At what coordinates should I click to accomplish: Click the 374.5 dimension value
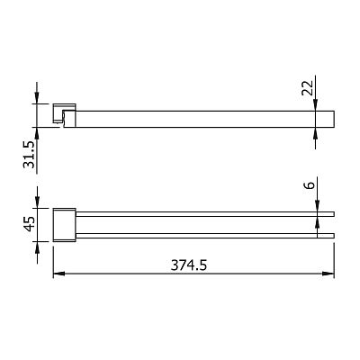tap(189, 265)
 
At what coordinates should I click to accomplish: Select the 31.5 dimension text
tap(30, 155)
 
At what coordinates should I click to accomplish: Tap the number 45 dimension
tap(30, 224)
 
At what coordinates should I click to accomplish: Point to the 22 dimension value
tap(307, 88)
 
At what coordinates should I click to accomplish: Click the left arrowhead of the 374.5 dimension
tap(59, 274)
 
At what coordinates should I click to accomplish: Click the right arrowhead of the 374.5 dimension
tap(328, 274)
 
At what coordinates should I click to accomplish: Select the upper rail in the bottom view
tap(205, 214)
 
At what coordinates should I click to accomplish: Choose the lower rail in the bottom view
tap(205, 236)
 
